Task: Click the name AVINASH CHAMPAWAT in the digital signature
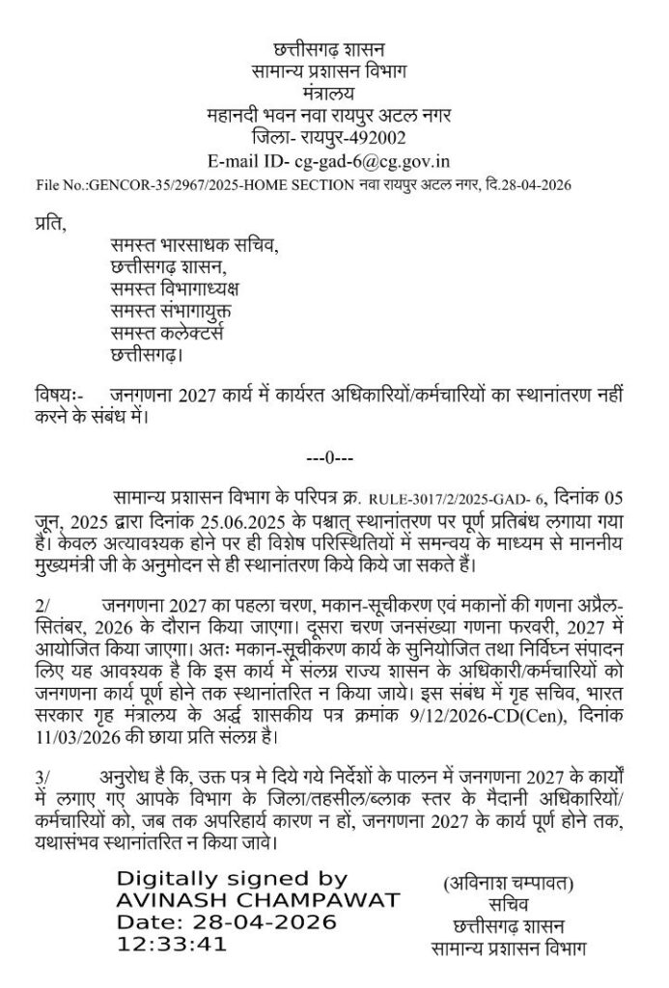(x=257, y=900)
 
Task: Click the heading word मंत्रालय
(x=328, y=94)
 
